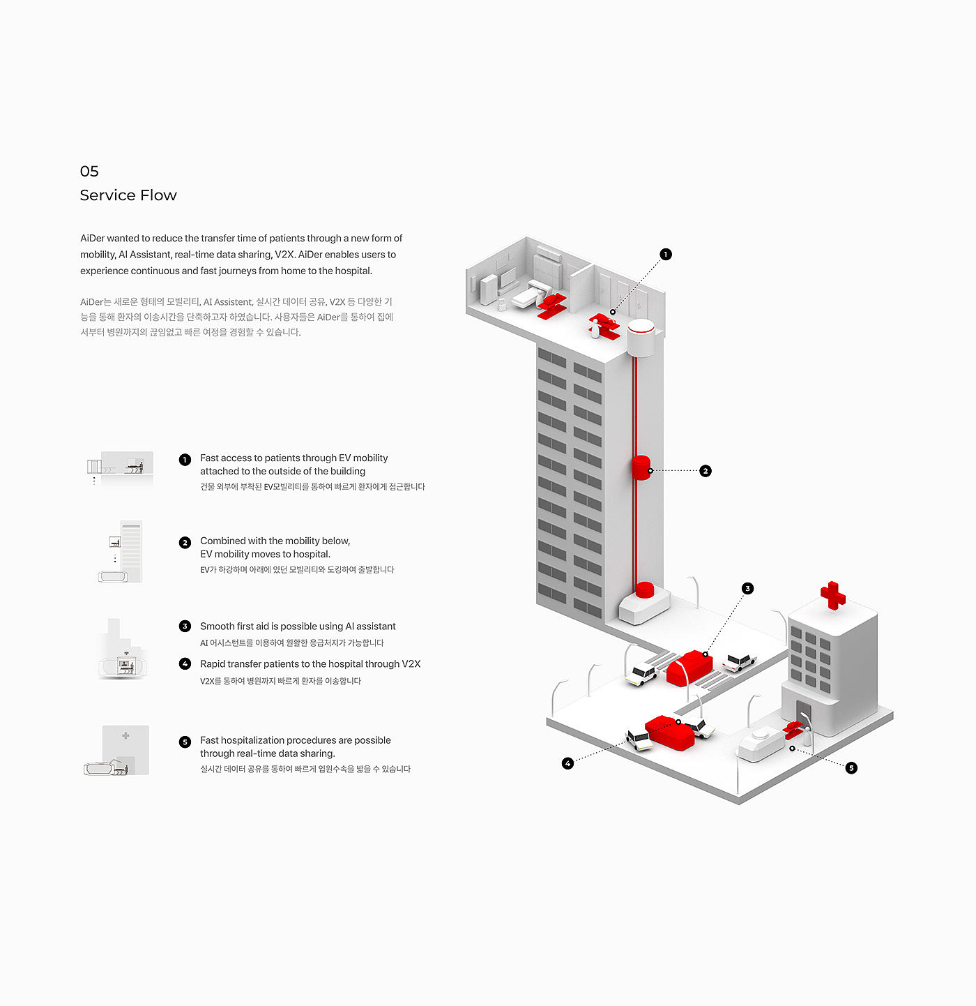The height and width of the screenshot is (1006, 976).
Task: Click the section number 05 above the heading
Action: [89, 171]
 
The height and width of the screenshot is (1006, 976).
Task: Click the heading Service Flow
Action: [128, 195]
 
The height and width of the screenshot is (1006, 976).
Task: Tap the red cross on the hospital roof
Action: [833, 596]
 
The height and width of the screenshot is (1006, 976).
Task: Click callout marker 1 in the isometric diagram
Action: [666, 255]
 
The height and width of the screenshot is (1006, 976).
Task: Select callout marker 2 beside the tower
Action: [706, 471]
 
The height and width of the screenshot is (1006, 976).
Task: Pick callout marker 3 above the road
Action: [747, 588]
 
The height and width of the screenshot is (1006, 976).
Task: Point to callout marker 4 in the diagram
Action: [568, 763]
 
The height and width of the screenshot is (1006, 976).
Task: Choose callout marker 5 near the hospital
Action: [851, 768]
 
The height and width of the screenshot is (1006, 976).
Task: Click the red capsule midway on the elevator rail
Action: [641, 468]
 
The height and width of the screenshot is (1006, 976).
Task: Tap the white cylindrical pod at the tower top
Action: [641, 338]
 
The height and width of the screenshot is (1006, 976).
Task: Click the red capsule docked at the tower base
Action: [645, 590]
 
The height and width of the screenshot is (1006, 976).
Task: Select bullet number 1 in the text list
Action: [185, 460]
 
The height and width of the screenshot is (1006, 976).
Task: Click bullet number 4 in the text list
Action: [185, 663]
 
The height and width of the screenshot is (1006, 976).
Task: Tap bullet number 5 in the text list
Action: [185, 742]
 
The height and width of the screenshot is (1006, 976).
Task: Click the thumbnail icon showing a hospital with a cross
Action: [116, 750]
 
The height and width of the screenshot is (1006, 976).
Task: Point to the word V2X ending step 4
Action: [411, 663]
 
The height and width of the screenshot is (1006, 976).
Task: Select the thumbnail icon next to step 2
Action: [120, 552]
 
